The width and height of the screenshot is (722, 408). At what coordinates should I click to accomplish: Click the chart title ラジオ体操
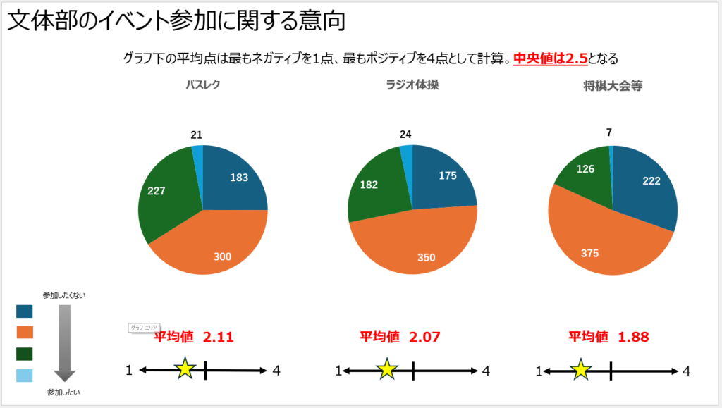(x=412, y=85)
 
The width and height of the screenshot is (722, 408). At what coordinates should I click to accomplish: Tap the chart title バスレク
(x=203, y=85)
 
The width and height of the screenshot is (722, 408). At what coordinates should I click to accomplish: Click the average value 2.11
(x=218, y=337)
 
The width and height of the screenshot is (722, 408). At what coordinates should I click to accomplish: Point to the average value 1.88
(x=633, y=337)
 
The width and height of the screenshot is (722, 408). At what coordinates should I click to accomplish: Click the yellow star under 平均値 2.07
(x=386, y=369)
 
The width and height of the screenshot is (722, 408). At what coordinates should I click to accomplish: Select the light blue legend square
(x=25, y=376)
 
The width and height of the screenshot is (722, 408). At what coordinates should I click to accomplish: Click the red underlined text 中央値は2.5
(x=551, y=58)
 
